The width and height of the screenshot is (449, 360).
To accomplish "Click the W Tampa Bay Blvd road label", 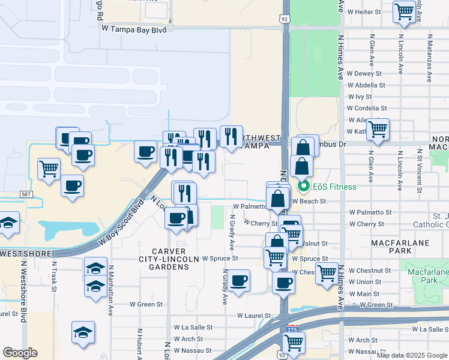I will click(x=134, y=28).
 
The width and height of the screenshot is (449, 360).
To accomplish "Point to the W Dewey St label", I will click(x=364, y=74).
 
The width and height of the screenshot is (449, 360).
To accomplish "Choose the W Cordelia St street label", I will click(x=367, y=108).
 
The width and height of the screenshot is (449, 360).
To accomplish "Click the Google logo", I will click(x=20, y=353).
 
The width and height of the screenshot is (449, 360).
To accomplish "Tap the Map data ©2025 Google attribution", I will click(x=412, y=355).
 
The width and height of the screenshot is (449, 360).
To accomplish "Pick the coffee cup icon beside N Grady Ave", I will click(x=238, y=281).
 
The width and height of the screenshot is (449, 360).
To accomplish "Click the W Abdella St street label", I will click(x=366, y=85).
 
